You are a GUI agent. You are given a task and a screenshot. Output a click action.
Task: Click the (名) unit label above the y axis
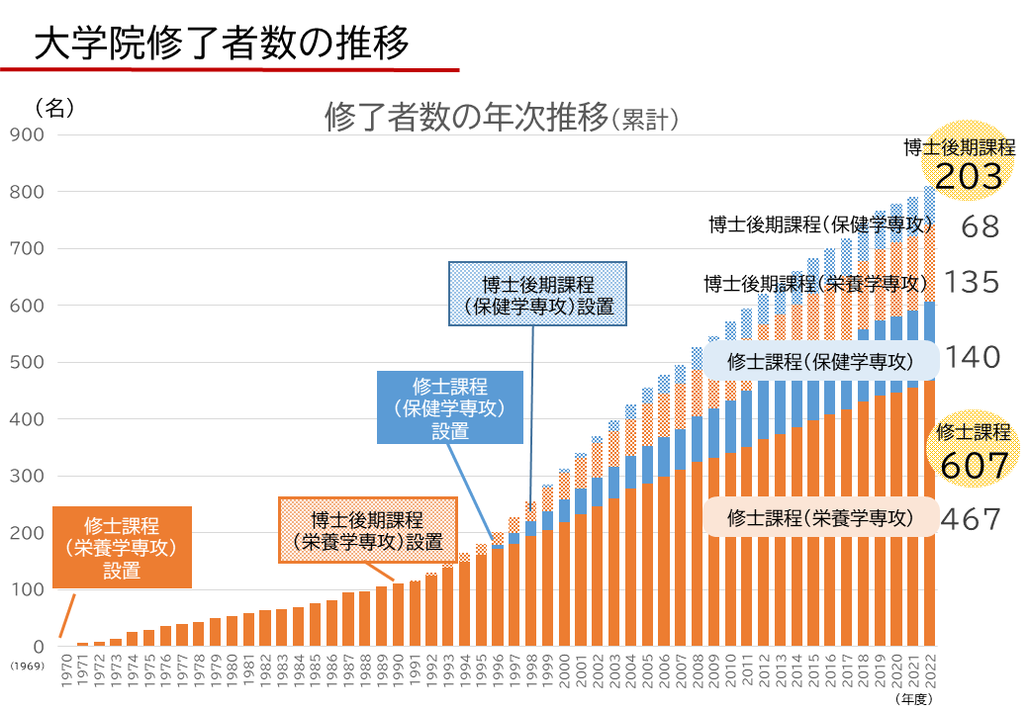[x=54, y=108]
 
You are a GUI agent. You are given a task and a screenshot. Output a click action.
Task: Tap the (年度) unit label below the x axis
[x=914, y=699]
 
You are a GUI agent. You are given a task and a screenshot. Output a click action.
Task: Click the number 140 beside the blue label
[x=972, y=357]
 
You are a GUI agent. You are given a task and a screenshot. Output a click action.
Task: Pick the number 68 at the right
[x=981, y=226]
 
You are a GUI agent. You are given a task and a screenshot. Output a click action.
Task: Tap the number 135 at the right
[x=972, y=284]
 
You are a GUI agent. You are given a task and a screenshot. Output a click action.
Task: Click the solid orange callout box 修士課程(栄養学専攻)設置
[x=121, y=547]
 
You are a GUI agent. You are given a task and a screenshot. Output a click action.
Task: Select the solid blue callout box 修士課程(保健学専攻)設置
[x=450, y=406]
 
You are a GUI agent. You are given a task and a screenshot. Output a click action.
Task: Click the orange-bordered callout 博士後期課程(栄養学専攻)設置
[x=367, y=530]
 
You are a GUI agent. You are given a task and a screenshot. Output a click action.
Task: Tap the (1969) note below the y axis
[x=25, y=666]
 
